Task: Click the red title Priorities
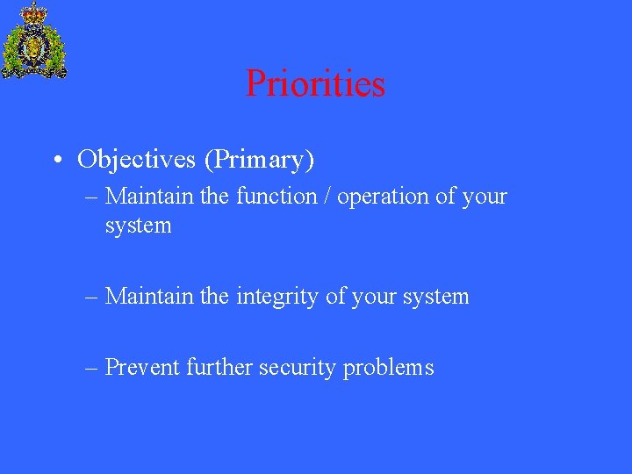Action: [x=315, y=84]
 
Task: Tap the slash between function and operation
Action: [x=327, y=196]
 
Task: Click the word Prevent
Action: [x=142, y=367]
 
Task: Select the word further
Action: [x=219, y=367]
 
